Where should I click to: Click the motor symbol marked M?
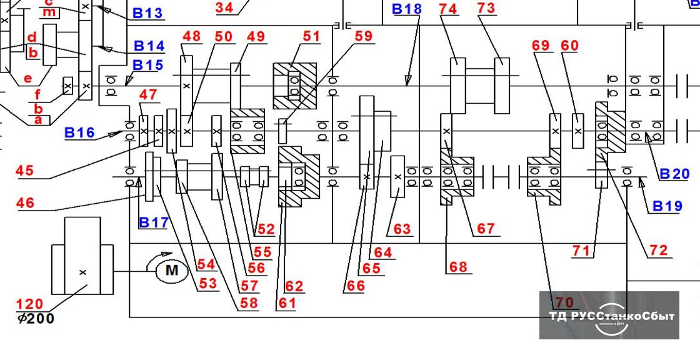point(167,271)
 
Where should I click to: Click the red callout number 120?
point(29,304)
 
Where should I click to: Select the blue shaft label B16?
point(79,133)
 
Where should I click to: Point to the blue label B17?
point(153,222)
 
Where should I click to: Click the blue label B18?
point(406,9)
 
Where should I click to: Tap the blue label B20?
point(674,174)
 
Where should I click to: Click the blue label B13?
point(148,13)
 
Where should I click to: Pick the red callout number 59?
point(363,36)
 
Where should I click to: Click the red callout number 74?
point(448,9)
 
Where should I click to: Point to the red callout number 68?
point(457,267)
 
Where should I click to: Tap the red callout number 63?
point(402,229)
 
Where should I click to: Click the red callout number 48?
point(191,36)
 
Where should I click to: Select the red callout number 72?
point(659,251)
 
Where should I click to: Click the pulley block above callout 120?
point(82,256)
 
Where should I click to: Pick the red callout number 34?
point(224,7)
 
